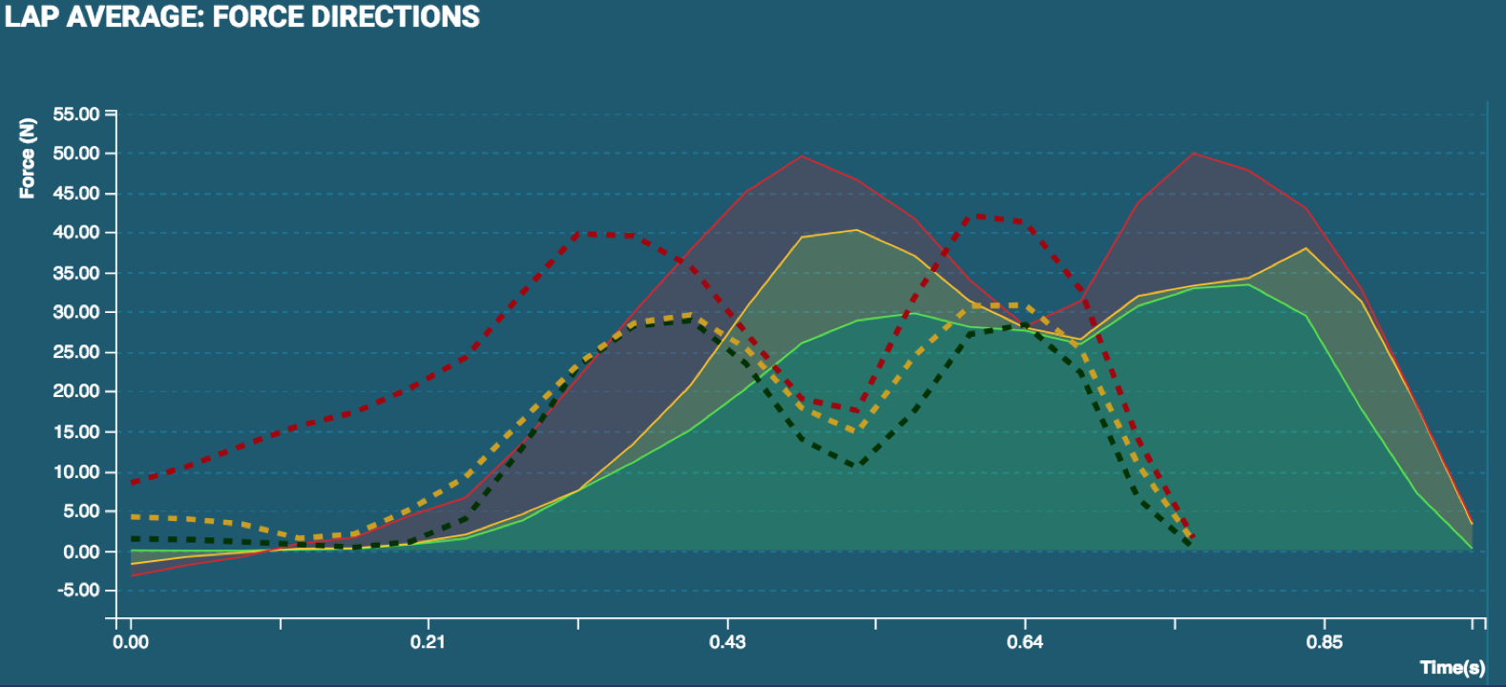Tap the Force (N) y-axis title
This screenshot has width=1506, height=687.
(x=28, y=158)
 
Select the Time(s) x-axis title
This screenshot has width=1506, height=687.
(x=1452, y=667)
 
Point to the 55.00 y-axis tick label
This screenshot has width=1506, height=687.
(x=76, y=114)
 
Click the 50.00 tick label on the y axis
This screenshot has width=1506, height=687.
(x=76, y=154)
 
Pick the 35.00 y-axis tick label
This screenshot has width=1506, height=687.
(x=76, y=273)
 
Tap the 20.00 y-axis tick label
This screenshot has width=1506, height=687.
(x=76, y=391)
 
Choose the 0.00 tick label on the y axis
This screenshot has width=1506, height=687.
(x=81, y=552)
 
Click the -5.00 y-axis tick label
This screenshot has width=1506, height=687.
(x=78, y=591)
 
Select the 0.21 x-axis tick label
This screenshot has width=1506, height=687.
(x=428, y=641)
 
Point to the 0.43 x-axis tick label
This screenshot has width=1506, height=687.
(x=727, y=641)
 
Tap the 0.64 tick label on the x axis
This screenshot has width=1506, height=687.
(x=1025, y=641)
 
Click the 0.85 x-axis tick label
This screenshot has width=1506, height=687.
(x=1325, y=641)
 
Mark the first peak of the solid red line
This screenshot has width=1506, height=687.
(x=803, y=156)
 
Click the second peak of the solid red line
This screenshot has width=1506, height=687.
(x=1194, y=153)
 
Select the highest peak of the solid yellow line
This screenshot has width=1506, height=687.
(x=855, y=230)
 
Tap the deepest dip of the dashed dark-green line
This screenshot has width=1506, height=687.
(x=858, y=466)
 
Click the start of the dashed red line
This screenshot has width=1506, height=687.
(x=132, y=483)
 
